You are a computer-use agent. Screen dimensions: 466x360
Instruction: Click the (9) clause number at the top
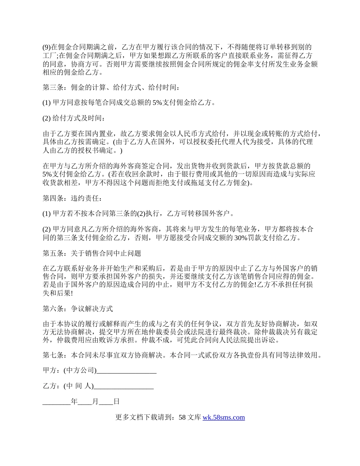coord(46,47)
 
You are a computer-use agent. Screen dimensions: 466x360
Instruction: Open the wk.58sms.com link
coord(224,418)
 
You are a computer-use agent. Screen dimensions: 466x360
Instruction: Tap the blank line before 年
coord(56,402)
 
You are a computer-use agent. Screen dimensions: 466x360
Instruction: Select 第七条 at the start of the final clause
coord(53,355)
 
